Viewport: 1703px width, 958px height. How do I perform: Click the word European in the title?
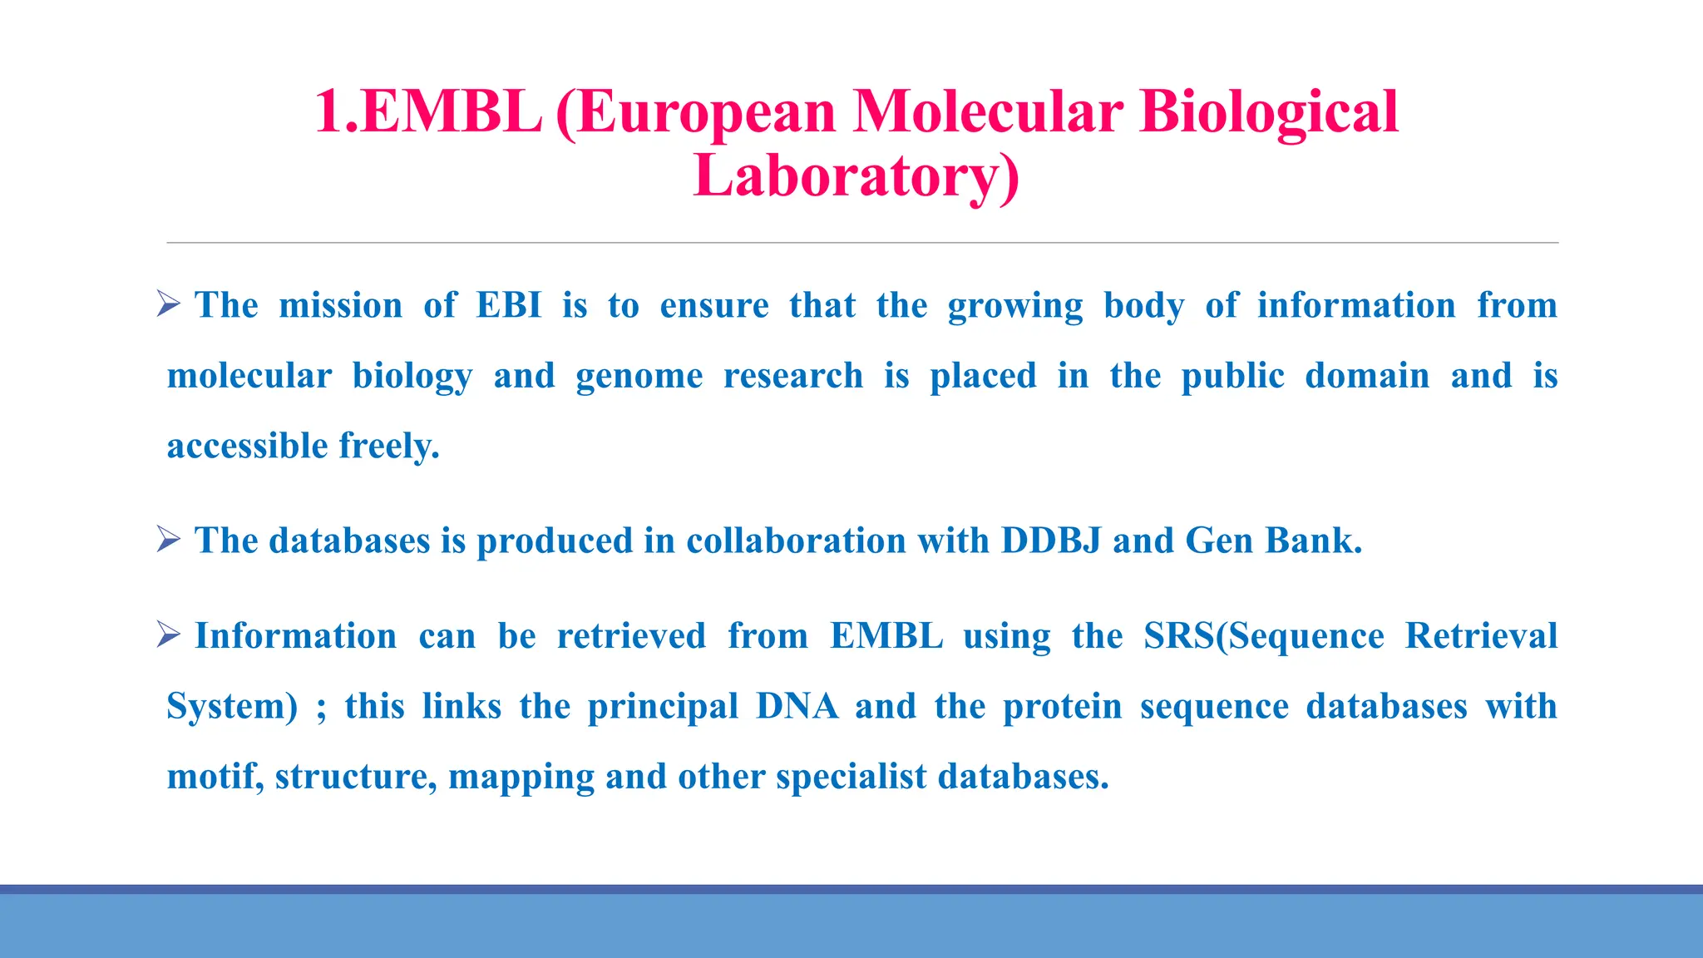706,112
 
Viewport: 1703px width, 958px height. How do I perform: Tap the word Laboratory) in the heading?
856,176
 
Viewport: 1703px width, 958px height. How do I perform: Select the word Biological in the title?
1269,112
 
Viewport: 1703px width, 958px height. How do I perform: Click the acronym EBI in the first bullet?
509,305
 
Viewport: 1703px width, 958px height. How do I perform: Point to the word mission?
341,305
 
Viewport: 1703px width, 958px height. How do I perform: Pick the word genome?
639,376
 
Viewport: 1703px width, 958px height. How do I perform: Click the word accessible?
248,446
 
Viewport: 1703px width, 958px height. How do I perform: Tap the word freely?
389,446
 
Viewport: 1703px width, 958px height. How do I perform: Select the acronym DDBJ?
1051,541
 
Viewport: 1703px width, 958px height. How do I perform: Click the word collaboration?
796,541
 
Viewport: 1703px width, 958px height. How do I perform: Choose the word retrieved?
631,636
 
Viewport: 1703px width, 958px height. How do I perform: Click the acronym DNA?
797,706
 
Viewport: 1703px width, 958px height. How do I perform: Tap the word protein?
1062,706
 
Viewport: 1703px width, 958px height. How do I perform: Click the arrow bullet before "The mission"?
169,304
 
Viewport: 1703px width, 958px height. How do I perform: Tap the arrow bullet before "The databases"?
169,540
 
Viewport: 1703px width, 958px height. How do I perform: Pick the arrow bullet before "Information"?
169,635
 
